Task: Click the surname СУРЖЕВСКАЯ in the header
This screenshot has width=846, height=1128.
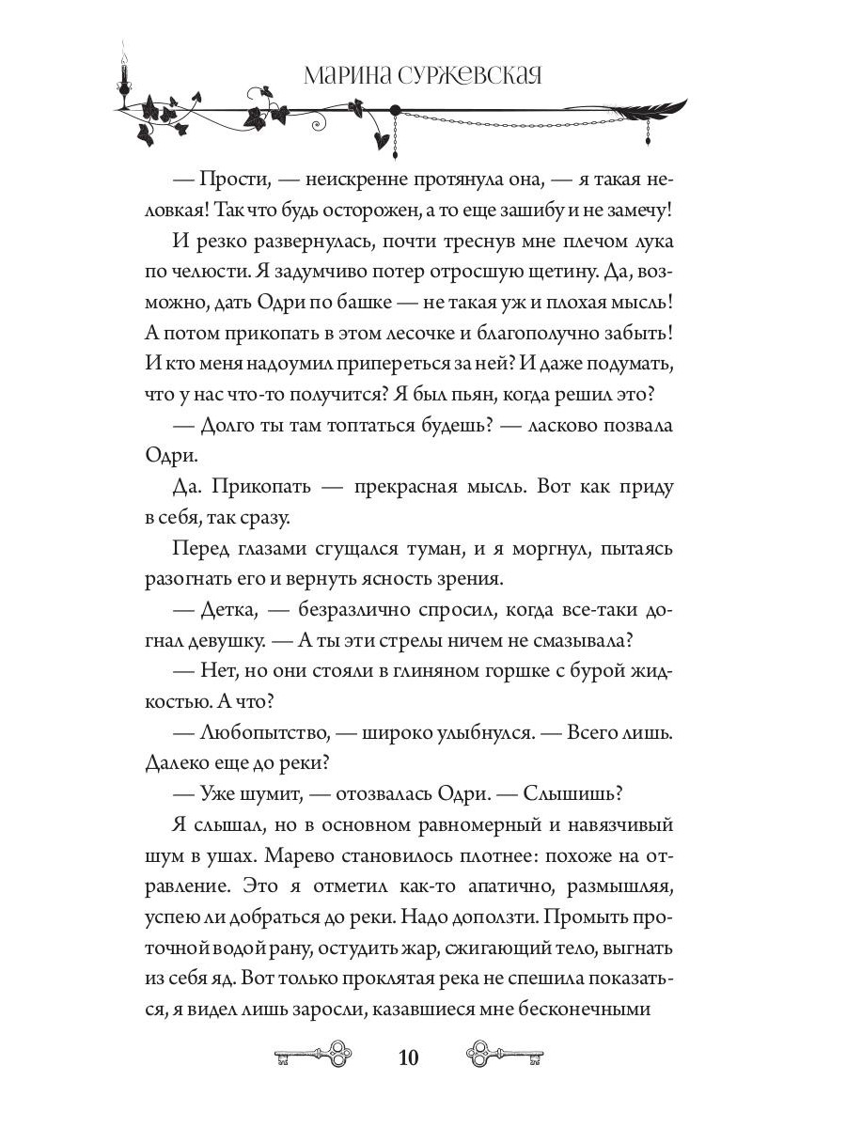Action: (464, 76)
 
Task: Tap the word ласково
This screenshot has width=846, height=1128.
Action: (552, 425)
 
